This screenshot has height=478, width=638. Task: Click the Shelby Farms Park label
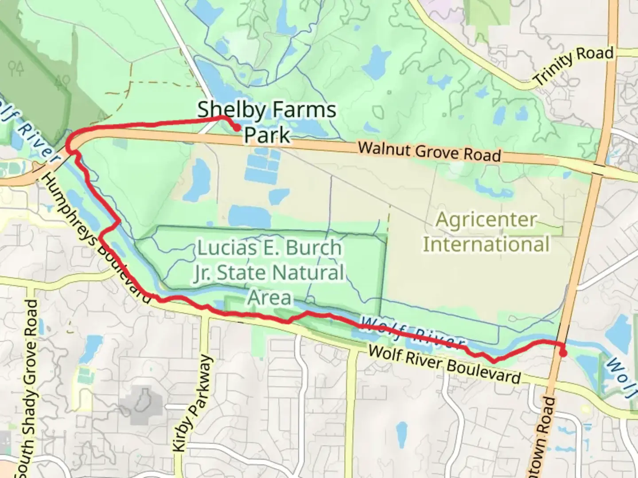(x=267, y=122)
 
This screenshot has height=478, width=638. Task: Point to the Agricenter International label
(x=486, y=232)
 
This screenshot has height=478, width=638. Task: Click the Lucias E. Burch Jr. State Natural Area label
(x=269, y=272)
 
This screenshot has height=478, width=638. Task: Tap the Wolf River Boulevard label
(x=444, y=364)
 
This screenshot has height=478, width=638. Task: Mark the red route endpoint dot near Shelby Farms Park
(x=237, y=127)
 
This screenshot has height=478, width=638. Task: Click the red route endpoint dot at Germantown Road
(x=563, y=353)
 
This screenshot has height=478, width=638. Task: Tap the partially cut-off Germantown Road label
(x=545, y=438)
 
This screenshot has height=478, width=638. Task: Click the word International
(x=486, y=244)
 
